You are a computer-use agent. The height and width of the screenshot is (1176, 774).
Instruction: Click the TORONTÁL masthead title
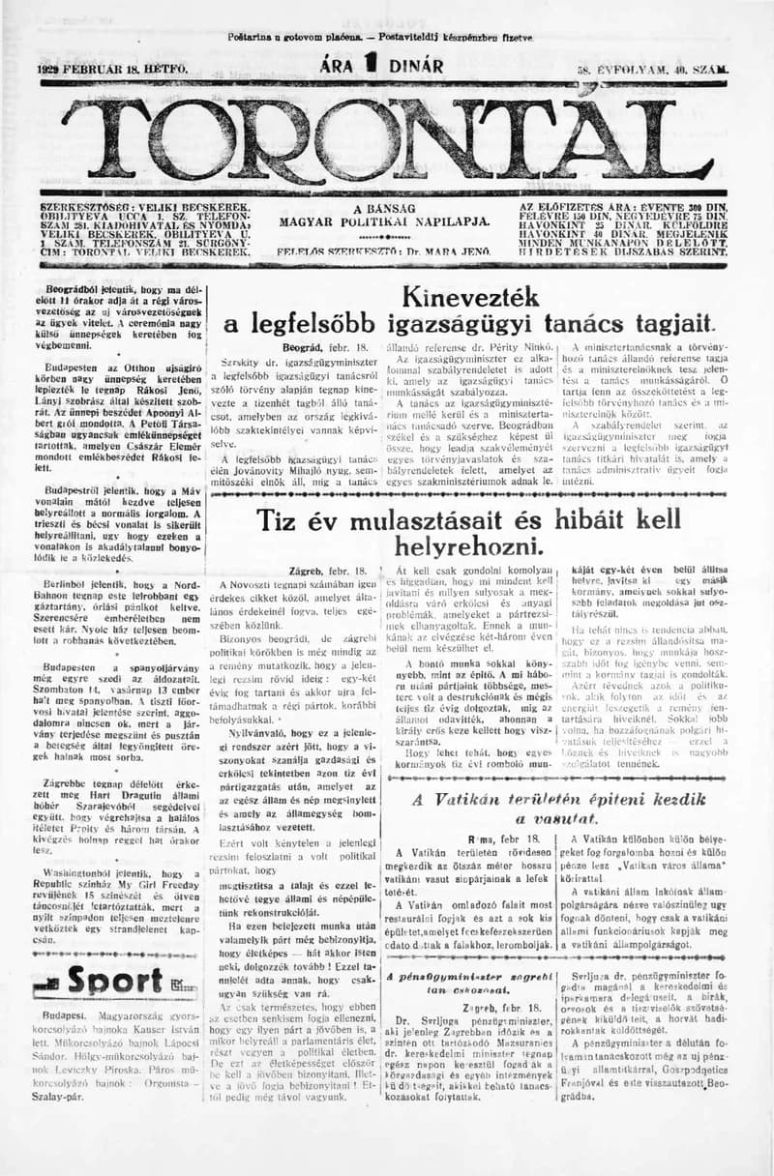point(387,140)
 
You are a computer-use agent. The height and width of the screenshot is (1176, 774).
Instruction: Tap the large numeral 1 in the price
point(369,66)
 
